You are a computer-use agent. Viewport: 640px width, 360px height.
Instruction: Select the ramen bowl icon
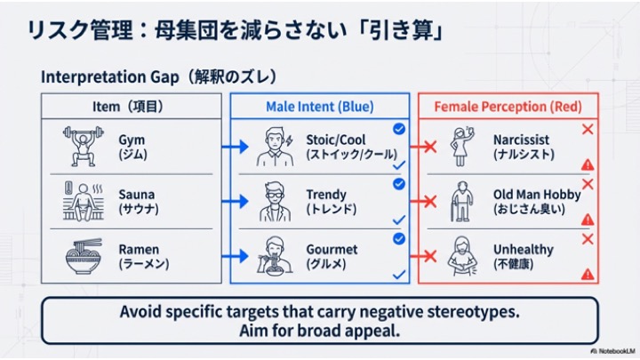84,256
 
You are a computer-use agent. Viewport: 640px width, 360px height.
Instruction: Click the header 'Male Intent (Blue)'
319,107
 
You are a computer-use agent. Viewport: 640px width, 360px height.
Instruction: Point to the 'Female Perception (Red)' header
508,107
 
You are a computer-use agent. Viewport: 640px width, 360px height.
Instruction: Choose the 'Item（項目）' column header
131,107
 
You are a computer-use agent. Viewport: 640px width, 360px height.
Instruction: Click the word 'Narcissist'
522,140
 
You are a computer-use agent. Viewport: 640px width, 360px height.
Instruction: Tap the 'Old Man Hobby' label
537,195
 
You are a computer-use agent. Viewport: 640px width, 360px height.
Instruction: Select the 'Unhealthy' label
523,250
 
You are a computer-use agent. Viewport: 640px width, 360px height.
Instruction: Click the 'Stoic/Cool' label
335,140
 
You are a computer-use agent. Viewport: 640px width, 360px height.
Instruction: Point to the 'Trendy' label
326,195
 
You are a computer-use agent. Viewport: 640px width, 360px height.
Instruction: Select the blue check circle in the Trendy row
399,184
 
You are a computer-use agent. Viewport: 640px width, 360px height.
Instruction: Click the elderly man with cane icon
461,201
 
